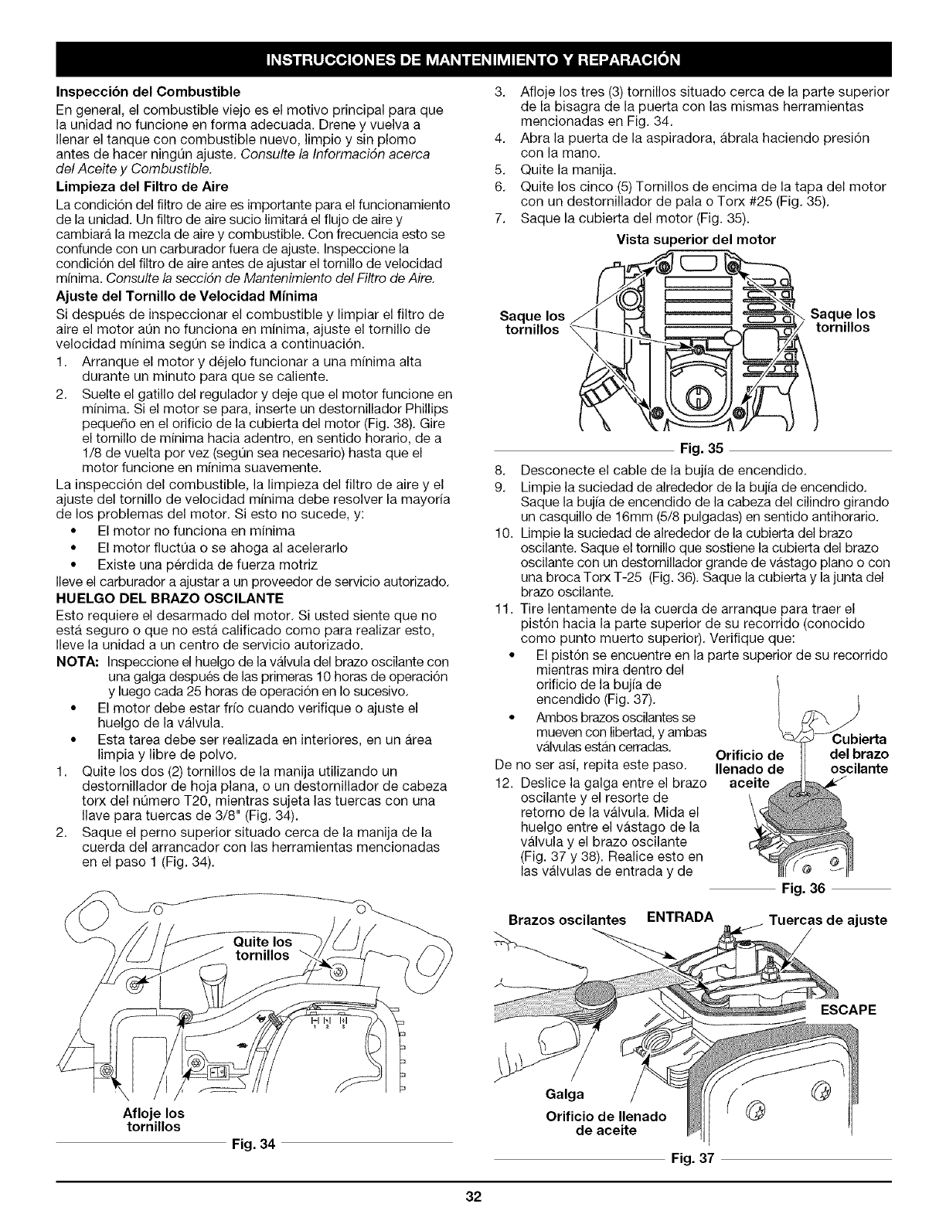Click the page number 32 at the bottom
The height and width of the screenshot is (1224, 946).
point(473,1178)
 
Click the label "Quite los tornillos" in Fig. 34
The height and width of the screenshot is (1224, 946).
point(263,948)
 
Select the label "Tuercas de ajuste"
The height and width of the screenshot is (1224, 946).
point(828,920)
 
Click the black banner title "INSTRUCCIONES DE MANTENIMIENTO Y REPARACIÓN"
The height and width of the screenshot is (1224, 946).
point(473,59)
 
